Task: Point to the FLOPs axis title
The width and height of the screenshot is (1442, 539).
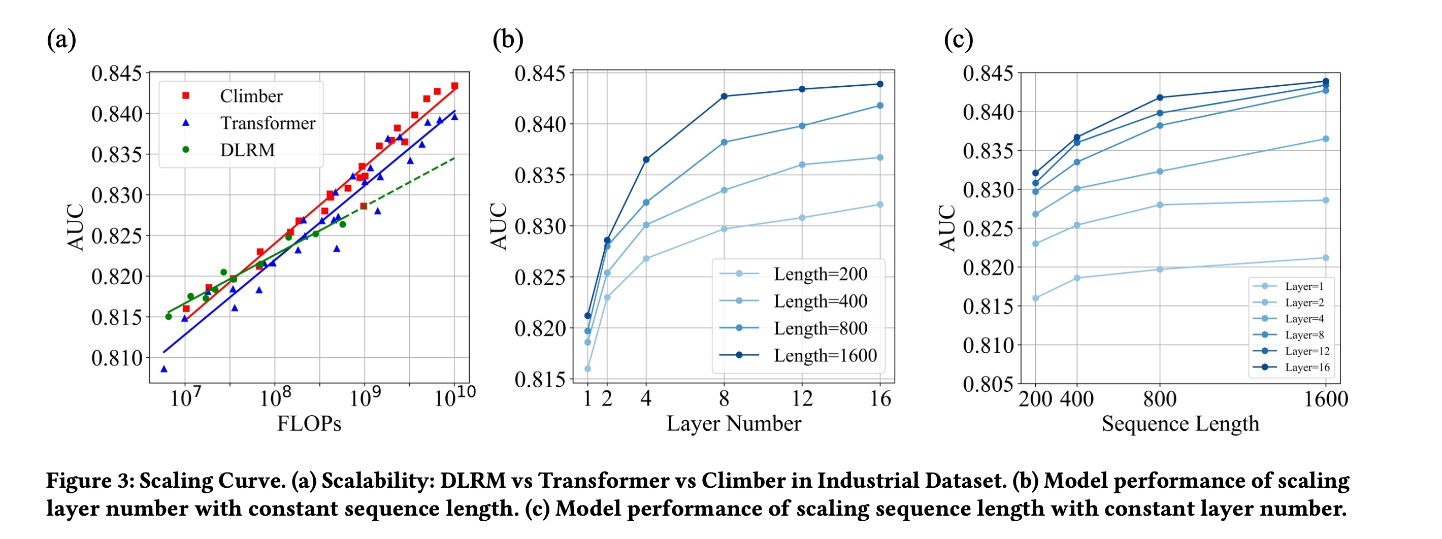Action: pos(309,424)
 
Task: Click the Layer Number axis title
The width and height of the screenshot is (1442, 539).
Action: pos(733,424)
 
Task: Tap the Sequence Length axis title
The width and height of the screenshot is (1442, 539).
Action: pos(1180,424)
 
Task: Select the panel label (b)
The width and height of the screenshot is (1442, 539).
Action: pos(508,39)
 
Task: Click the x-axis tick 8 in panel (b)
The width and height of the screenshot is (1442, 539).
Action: pos(724,398)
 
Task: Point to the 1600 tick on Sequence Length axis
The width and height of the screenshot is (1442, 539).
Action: pos(1326,399)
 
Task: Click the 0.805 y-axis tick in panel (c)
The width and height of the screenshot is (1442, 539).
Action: pos(988,384)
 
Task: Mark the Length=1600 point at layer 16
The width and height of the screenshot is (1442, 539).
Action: pos(880,84)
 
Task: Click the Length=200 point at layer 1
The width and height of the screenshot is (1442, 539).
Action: pos(588,369)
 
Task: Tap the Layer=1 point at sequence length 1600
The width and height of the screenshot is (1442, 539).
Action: pos(1326,258)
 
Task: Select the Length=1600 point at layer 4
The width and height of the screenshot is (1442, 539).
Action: pos(646,159)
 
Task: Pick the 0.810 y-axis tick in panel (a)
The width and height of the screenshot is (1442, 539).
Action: pos(117,358)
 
